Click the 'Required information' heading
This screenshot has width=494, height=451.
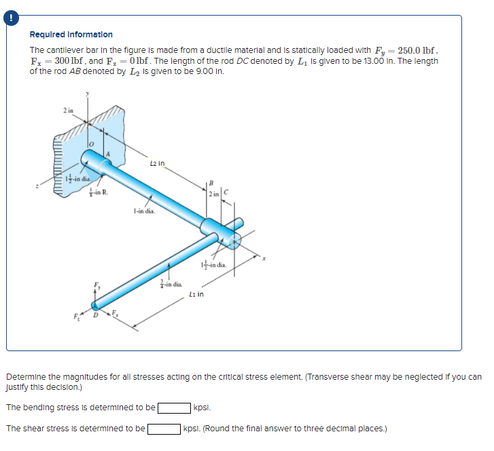pyautogui.click(x=71, y=35)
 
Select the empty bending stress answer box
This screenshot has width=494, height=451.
pyautogui.click(x=174, y=408)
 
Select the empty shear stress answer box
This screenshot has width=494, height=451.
pyautogui.click(x=164, y=429)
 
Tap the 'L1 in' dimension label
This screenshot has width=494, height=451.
pyautogui.click(x=197, y=294)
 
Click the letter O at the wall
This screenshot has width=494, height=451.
pyautogui.click(x=90, y=145)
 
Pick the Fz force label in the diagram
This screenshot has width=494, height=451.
pyautogui.click(x=77, y=315)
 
